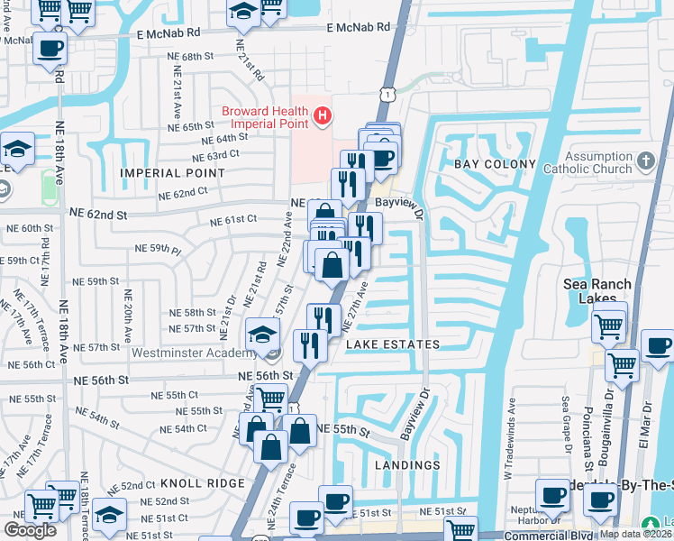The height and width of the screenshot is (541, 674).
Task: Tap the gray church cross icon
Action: tap(644, 161)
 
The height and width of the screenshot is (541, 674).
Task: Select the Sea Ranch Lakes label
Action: tap(603, 291)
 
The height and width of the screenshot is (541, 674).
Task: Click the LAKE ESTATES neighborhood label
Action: tap(393, 344)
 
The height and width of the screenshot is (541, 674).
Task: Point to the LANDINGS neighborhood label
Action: tap(407, 465)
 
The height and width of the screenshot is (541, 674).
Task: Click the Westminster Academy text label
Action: tap(190, 353)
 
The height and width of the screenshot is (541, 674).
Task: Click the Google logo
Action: tap(30, 530)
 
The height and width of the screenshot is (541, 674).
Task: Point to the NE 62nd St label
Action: tap(99, 215)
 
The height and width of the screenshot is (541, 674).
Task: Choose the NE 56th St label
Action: tap(266, 376)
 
